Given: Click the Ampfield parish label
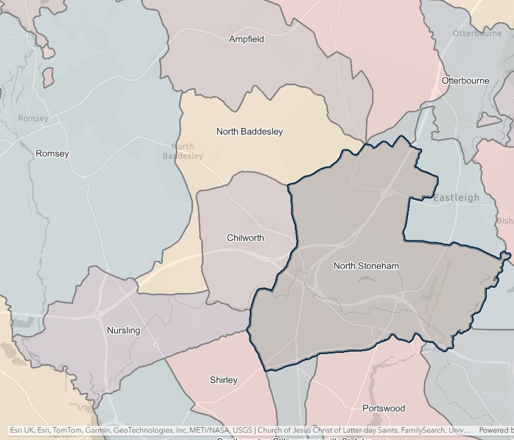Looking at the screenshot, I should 246,40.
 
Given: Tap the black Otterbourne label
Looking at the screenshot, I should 465,81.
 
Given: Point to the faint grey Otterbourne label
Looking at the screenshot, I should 477,33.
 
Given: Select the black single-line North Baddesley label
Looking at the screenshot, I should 249,132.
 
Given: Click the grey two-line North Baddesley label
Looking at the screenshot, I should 183,151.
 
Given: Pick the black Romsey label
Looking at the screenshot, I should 52,154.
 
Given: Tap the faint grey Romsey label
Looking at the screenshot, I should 33,119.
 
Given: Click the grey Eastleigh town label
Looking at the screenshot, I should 456,198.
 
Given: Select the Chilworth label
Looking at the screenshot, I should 245,238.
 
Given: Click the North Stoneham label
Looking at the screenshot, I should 366,266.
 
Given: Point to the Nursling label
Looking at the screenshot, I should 123,331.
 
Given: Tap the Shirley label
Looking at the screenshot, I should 223,380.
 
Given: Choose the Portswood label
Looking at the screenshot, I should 383,408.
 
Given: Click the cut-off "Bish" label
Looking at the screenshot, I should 505,221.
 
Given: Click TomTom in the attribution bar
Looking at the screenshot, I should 68,430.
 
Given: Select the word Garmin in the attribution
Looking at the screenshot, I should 97,430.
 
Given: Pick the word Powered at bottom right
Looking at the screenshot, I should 494,430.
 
